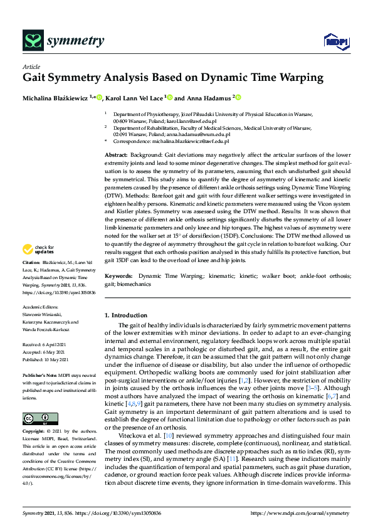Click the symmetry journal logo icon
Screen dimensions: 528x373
coord(32,41)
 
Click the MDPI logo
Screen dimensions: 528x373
coord(334,42)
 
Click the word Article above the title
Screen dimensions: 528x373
coord(31,66)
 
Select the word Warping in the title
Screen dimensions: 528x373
coord(297,78)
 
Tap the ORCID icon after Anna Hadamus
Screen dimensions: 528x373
coord(238,98)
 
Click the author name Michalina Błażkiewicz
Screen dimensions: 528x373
coord(55,98)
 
